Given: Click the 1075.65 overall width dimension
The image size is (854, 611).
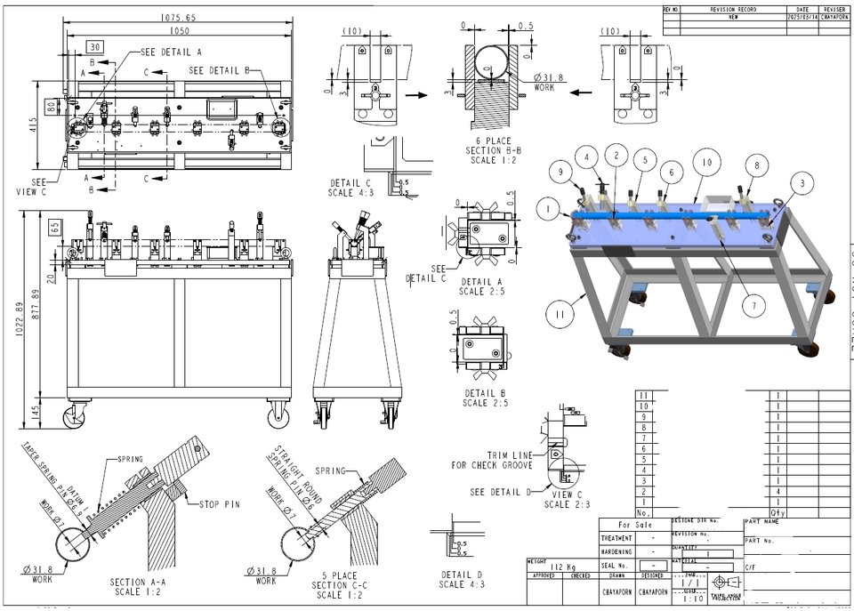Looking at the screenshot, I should (x=178, y=17).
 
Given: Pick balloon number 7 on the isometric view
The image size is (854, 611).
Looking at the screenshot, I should (x=753, y=306).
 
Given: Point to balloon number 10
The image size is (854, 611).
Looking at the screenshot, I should (x=706, y=164).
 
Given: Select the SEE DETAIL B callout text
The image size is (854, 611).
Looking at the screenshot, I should (x=224, y=70).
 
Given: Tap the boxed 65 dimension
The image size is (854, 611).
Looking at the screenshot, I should (x=56, y=227).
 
